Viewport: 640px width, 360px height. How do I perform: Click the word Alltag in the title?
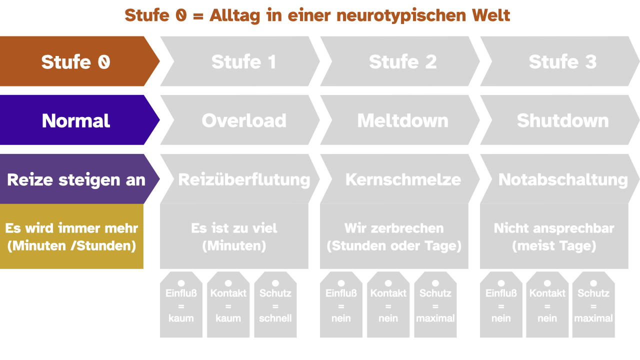pos(234,15)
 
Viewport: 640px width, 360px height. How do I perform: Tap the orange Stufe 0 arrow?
pos(77,61)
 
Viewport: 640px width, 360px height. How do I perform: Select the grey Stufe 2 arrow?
pos(400,61)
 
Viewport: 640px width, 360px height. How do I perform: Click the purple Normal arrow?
pos(77,120)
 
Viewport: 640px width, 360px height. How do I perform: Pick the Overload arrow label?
pos(243,120)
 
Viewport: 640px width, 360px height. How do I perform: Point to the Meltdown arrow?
pos(400,120)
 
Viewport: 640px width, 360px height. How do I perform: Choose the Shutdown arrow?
pos(560,120)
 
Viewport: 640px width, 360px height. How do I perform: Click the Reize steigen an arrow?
pos(77,179)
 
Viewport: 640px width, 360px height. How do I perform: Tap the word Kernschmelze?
pos(403,179)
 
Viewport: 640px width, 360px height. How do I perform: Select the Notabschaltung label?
pos(563,180)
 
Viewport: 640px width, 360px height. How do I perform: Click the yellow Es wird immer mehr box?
pos(71,236)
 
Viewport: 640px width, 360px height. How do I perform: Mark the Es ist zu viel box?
pos(234,236)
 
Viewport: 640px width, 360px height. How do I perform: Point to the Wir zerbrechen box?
pos(394,236)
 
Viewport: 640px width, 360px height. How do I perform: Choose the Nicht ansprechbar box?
pos(554,236)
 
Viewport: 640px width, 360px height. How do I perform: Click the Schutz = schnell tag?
pos(275,304)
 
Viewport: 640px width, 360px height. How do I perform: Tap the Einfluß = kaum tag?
pos(181,304)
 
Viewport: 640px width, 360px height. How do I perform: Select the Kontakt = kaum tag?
pos(228,304)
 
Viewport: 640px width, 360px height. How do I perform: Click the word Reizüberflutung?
pos(244,180)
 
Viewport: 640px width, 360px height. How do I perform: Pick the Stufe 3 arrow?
pos(560,61)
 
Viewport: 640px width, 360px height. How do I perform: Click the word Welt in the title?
pos(491,15)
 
